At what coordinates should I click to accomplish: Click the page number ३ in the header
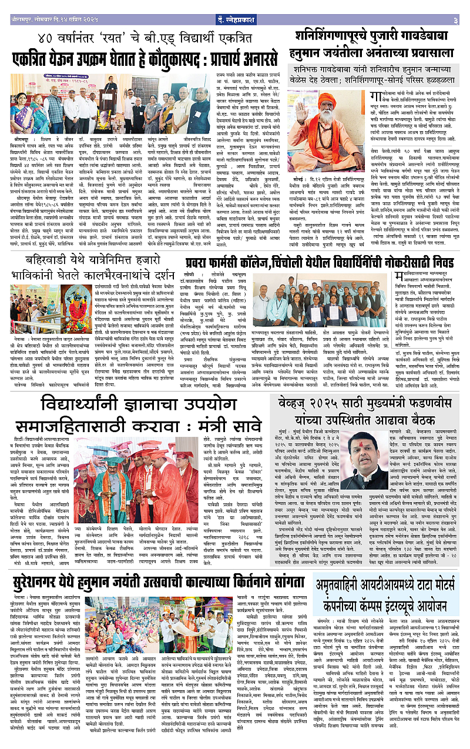tap(455, 5)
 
